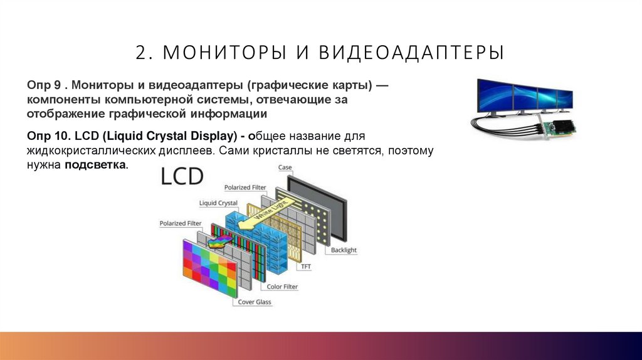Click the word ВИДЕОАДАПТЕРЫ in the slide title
coord(411,53)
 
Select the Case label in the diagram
coord(285,167)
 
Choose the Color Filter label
coord(282,287)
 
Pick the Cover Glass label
coord(255,302)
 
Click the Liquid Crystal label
coord(218,203)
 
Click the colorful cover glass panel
coord(210,269)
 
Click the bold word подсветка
coord(95,165)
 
